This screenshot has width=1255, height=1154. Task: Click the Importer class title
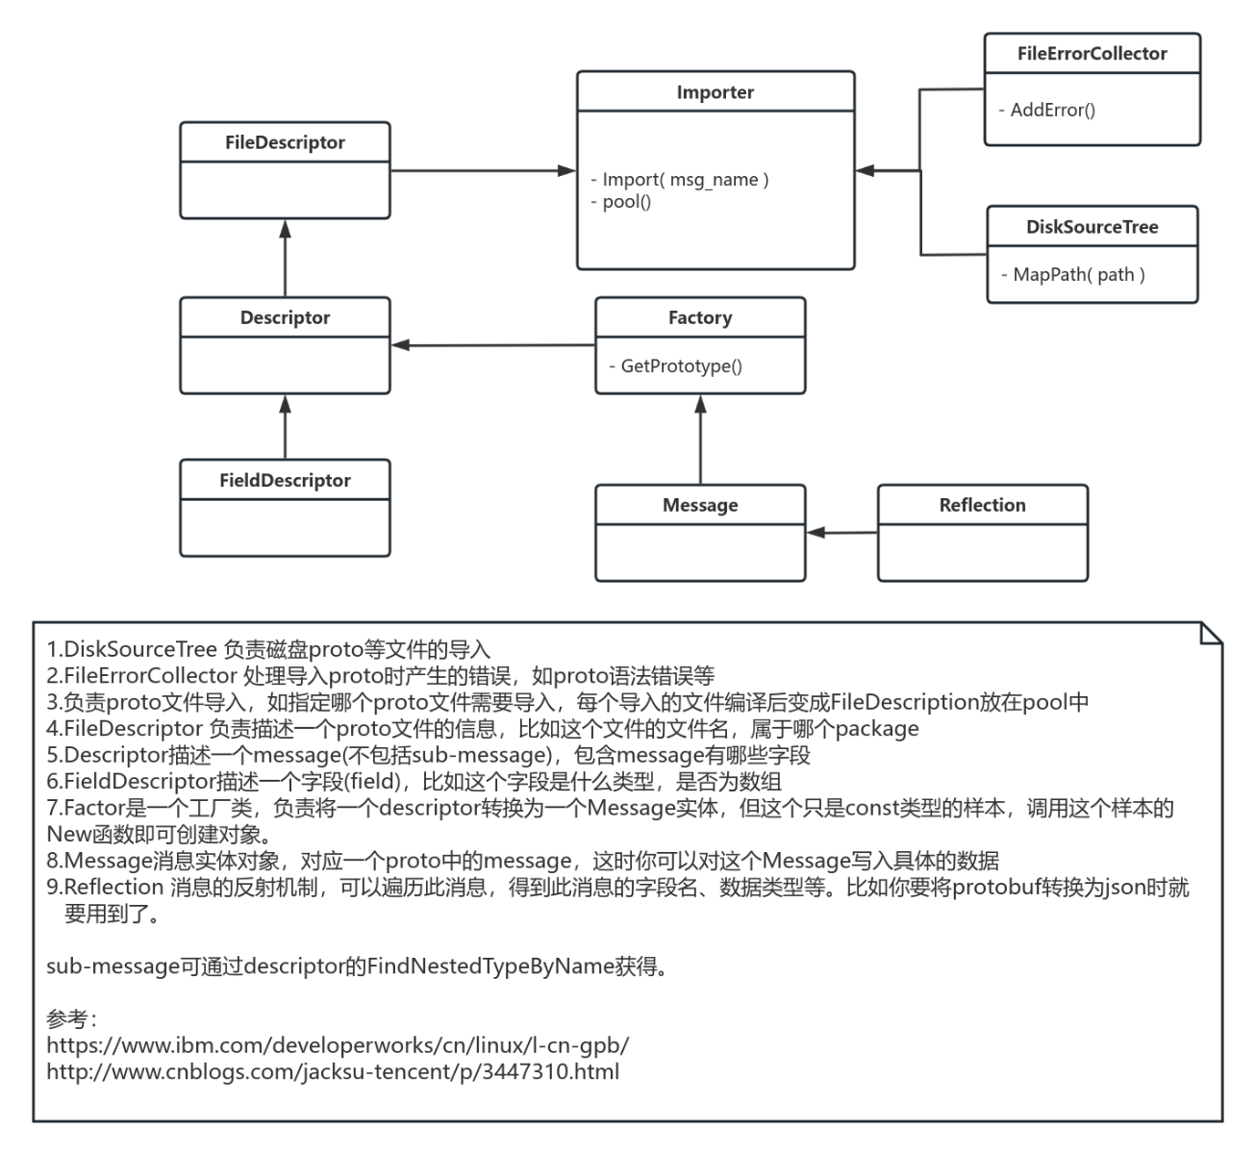(x=715, y=92)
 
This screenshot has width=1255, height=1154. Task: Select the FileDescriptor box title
(x=285, y=142)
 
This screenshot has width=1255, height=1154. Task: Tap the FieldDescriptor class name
(x=285, y=480)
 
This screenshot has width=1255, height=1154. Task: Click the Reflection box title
(x=982, y=505)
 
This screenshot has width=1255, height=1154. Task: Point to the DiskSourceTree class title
(x=1092, y=227)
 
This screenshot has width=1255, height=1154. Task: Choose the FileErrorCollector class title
(x=1092, y=54)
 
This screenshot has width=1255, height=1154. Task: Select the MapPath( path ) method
(x=1078, y=274)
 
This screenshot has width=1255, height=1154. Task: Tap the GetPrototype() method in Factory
(x=681, y=365)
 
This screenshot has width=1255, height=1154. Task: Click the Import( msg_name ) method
(x=685, y=180)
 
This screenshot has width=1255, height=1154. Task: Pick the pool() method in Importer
(x=626, y=202)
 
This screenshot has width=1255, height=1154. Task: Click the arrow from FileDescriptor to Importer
(x=481, y=171)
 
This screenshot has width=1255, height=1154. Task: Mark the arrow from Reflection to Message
(x=841, y=532)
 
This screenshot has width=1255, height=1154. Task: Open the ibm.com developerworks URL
(x=338, y=1044)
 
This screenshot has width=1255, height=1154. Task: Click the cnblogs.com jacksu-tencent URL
(x=333, y=1071)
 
